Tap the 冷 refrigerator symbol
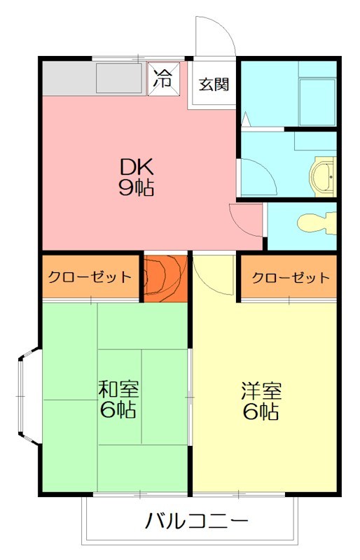coord(162,78)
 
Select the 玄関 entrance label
coord(213,85)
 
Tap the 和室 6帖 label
coord(118,399)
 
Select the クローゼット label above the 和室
coord(90,276)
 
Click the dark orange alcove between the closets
coord(166,278)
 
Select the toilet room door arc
coord(245,218)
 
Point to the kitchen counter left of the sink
coord(67,78)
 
